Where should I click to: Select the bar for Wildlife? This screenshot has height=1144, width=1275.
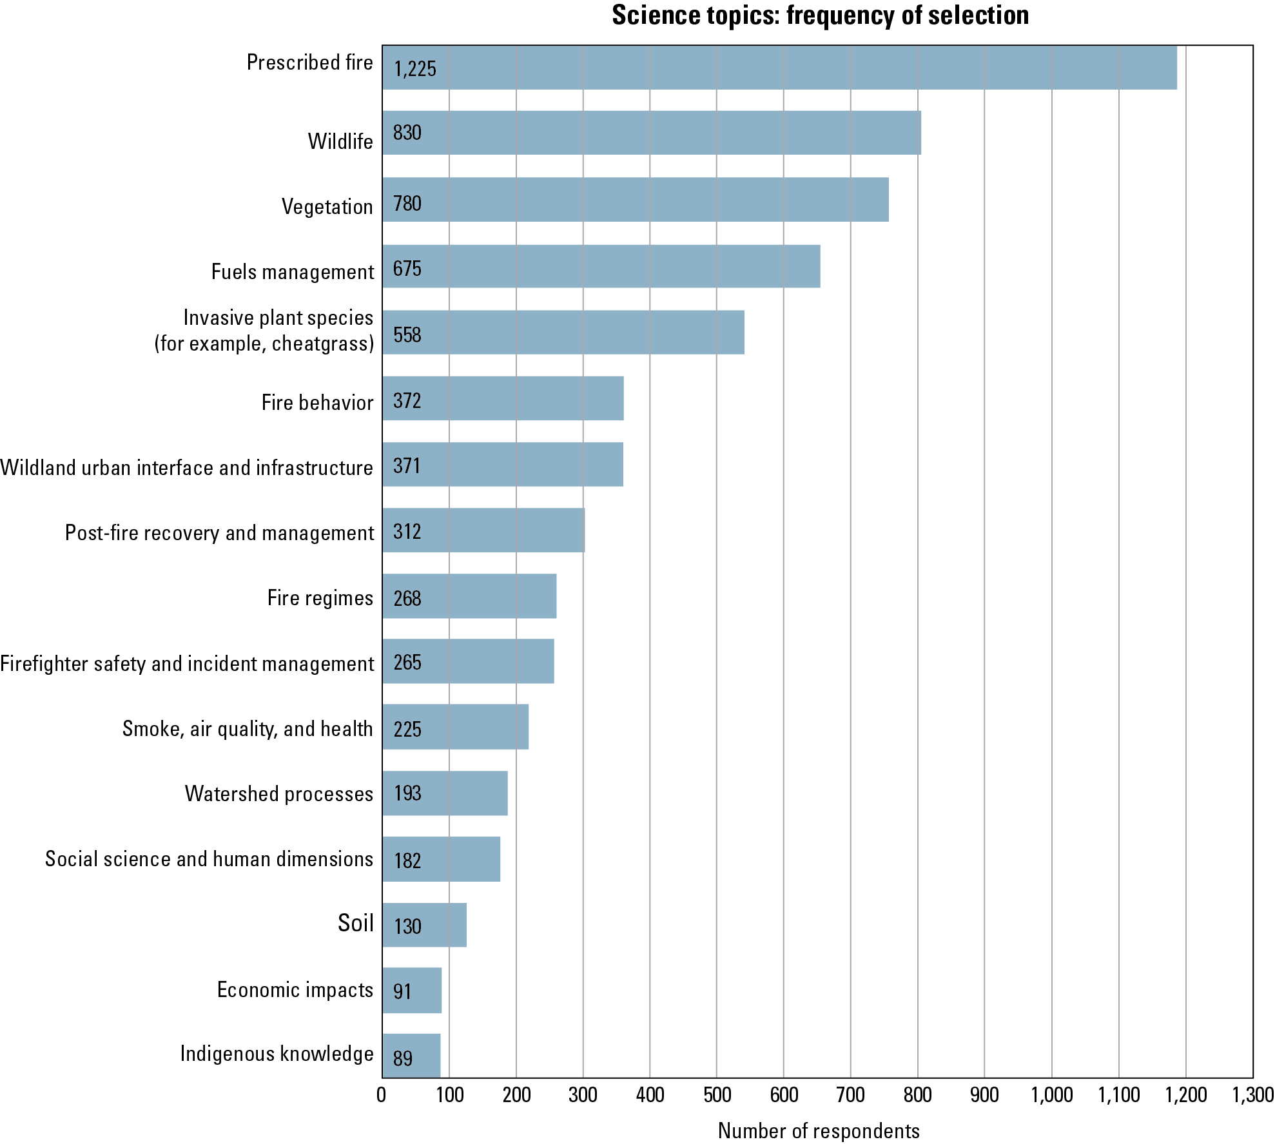coord(651,133)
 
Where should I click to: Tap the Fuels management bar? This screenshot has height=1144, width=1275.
coord(601,266)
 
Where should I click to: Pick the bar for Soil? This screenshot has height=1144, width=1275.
coord(424,925)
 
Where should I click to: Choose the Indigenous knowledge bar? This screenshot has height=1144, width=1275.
coord(411,1056)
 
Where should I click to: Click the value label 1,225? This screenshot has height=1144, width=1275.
coord(415,68)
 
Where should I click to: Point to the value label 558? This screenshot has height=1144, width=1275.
coord(407,334)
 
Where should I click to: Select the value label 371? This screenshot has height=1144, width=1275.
coord(407,465)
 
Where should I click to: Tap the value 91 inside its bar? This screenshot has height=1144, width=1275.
coord(402,991)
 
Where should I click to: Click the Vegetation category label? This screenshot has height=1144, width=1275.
coord(327,206)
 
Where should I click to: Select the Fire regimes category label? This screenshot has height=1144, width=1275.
coord(320,597)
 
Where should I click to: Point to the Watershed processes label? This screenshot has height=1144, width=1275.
coord(279,793)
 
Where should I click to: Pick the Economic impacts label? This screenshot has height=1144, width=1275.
coord(295,989)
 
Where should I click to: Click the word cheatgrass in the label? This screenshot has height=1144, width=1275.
coord(322,344)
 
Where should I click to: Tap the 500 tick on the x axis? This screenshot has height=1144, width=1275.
coord(717,1094)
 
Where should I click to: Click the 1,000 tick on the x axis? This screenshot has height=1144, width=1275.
coord(1052,1094)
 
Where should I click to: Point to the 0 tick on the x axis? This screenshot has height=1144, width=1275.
coord(382,1094)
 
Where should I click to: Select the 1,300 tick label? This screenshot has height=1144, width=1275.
coord(1252,1094)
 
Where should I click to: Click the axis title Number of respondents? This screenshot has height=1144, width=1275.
coord(819,1130)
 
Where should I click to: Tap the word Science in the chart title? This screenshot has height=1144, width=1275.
coord(651,15)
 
